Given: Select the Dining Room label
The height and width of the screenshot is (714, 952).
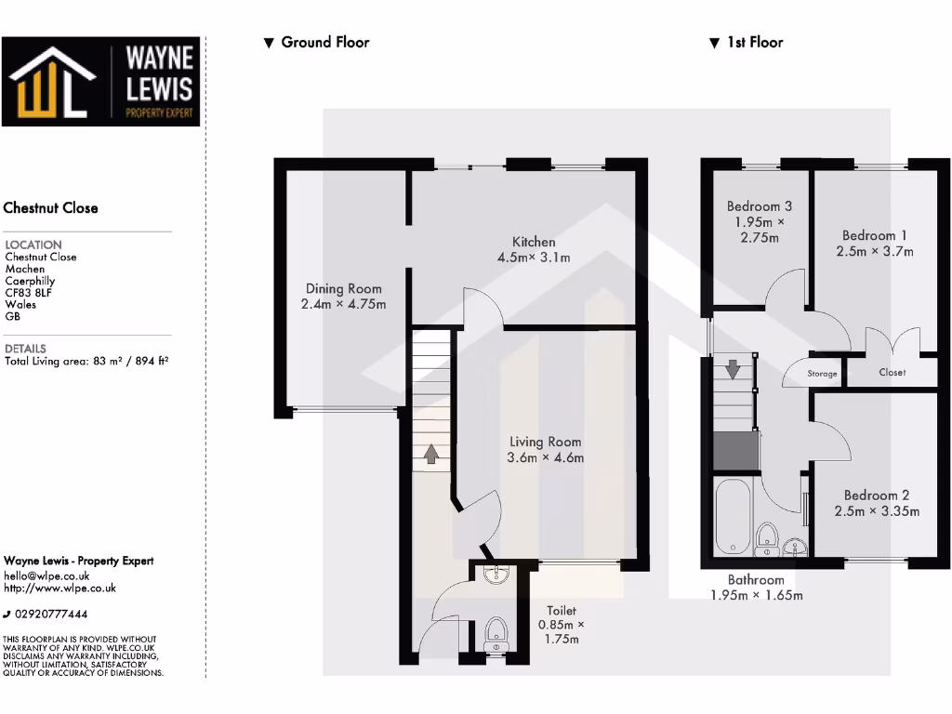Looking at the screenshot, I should pyautogui.click(x=343, y=288).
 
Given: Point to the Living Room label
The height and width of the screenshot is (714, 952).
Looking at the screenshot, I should pyautogui.click(x=546, y=442).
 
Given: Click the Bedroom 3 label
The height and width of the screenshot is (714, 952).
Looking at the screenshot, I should pyautogui.click(x=760, y=205).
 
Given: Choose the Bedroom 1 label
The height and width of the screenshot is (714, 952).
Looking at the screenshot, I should pyautogui.click(x=875, y=235).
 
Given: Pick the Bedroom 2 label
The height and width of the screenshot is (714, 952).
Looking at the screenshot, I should pyautogui.click(x=877, y=496).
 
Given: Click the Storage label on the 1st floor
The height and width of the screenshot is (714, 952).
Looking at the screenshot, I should pyautogui.click(x=822, y=374).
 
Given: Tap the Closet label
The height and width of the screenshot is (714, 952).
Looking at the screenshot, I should pyautogui.click(x=892, y=372).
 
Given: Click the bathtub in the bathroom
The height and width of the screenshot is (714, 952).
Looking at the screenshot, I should pyautogui.click(x=732, y=516).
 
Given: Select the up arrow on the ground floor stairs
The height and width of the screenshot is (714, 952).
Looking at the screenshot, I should pyautogui.click(x=431, y=454).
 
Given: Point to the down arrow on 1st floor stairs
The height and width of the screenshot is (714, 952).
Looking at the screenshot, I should pyautogui.click(x=733, y=369).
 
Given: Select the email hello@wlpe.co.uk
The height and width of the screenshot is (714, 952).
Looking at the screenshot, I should pyautogui.click(x=46, y=575).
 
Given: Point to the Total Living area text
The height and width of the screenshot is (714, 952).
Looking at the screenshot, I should pyautogui.click(x=86, y=361).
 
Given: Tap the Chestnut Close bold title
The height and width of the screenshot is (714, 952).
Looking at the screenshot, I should pyautogui.click(x=51, y=207).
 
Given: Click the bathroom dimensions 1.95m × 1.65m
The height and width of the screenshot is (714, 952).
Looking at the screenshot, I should pyautogui.click(x=756, y=595).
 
